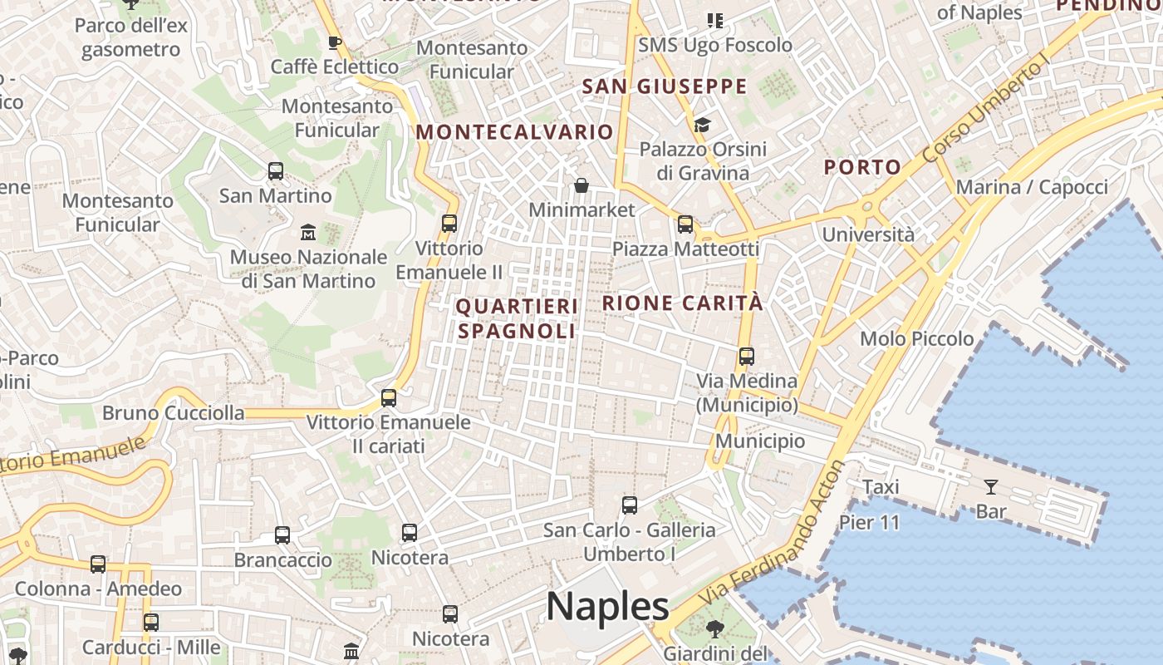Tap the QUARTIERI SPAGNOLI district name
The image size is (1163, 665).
tap(516, 318)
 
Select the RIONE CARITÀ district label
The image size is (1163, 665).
tap(682, 303)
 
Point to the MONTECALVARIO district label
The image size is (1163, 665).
tap(514, 131)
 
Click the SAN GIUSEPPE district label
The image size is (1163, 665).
tap(665, 86)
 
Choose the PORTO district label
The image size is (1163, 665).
tap(862, 166)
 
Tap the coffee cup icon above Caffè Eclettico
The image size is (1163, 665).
tap(335, 42)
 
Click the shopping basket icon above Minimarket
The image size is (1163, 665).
tap(581, 185)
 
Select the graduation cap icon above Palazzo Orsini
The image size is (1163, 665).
tap(703, 125)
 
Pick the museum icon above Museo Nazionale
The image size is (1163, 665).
tap(308, 231)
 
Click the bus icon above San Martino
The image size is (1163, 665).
tap(276, 171)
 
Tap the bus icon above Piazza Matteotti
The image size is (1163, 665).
tap(685, 224)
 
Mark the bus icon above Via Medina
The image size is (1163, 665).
tap(747, 356)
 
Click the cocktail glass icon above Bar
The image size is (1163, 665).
tap(991, 486)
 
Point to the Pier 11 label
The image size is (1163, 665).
tap(869, 522)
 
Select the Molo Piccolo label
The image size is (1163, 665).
tap(917, 338)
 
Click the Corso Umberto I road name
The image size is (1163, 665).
tap(986, 112)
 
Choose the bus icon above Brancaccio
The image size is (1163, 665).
tap(282, 534)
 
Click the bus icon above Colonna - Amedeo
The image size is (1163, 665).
tap(98, 564)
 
